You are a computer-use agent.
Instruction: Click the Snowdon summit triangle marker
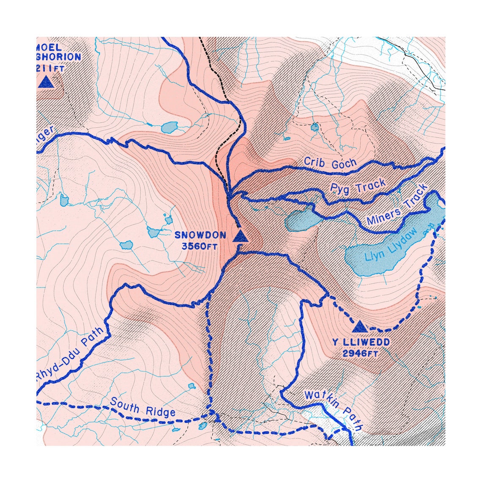(x=240, y=237)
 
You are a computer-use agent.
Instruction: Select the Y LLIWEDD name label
(x=361, y=342)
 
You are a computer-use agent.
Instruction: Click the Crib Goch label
(x=330, y=163)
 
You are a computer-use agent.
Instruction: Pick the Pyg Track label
(x=358, y=186)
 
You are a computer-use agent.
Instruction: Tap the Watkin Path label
(x=334, y=409)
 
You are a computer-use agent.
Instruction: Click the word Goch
(x=344, y=164)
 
